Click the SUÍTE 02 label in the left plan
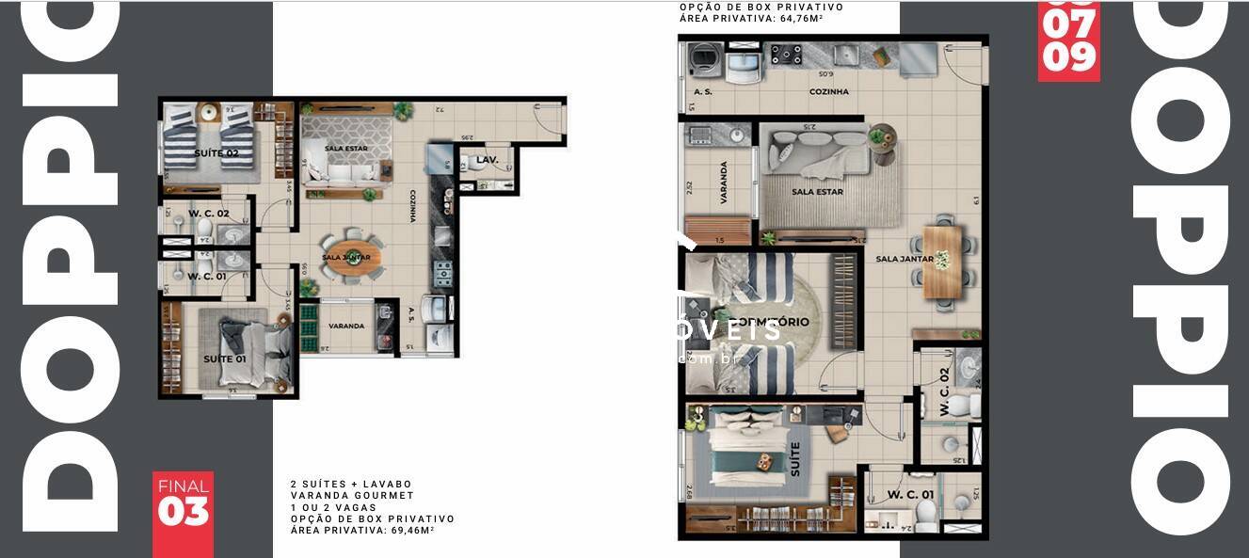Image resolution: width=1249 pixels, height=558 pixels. (216, 152)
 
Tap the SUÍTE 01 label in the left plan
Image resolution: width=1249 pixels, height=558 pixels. (225, 359)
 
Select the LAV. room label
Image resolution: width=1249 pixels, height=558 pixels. (487, 160)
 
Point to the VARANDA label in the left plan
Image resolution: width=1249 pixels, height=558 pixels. (346, 326)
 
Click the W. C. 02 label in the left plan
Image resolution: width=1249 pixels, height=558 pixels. (209, 214)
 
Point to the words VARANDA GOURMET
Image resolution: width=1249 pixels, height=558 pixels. (352, 495)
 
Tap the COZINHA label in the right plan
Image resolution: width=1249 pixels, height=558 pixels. (828, 92)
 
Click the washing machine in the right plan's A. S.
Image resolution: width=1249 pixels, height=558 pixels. (701, 60)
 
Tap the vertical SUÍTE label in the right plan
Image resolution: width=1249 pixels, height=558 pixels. (795, 459)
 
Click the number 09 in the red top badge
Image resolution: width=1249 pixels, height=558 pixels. (1069, 57)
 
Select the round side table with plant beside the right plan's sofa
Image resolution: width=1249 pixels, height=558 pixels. (882, 137)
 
